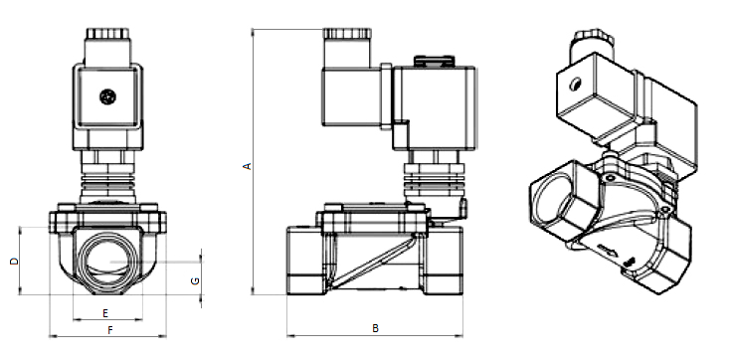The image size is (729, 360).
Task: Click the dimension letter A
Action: click(x=248, y=166)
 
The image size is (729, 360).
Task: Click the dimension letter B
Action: click(x=376, y=328)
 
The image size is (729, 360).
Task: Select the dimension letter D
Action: click(x=15, y=261)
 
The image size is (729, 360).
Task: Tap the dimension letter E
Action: click(x=105, y=313)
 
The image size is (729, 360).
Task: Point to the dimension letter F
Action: click(x=110, y=330)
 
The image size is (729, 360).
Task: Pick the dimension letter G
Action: click(x=195, y=280)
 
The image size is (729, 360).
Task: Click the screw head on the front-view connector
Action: click(x=107, y=96)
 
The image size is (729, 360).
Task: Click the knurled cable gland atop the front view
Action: click(x=107, y=34)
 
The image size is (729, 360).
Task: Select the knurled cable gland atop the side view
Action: click(x=347, y=34)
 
